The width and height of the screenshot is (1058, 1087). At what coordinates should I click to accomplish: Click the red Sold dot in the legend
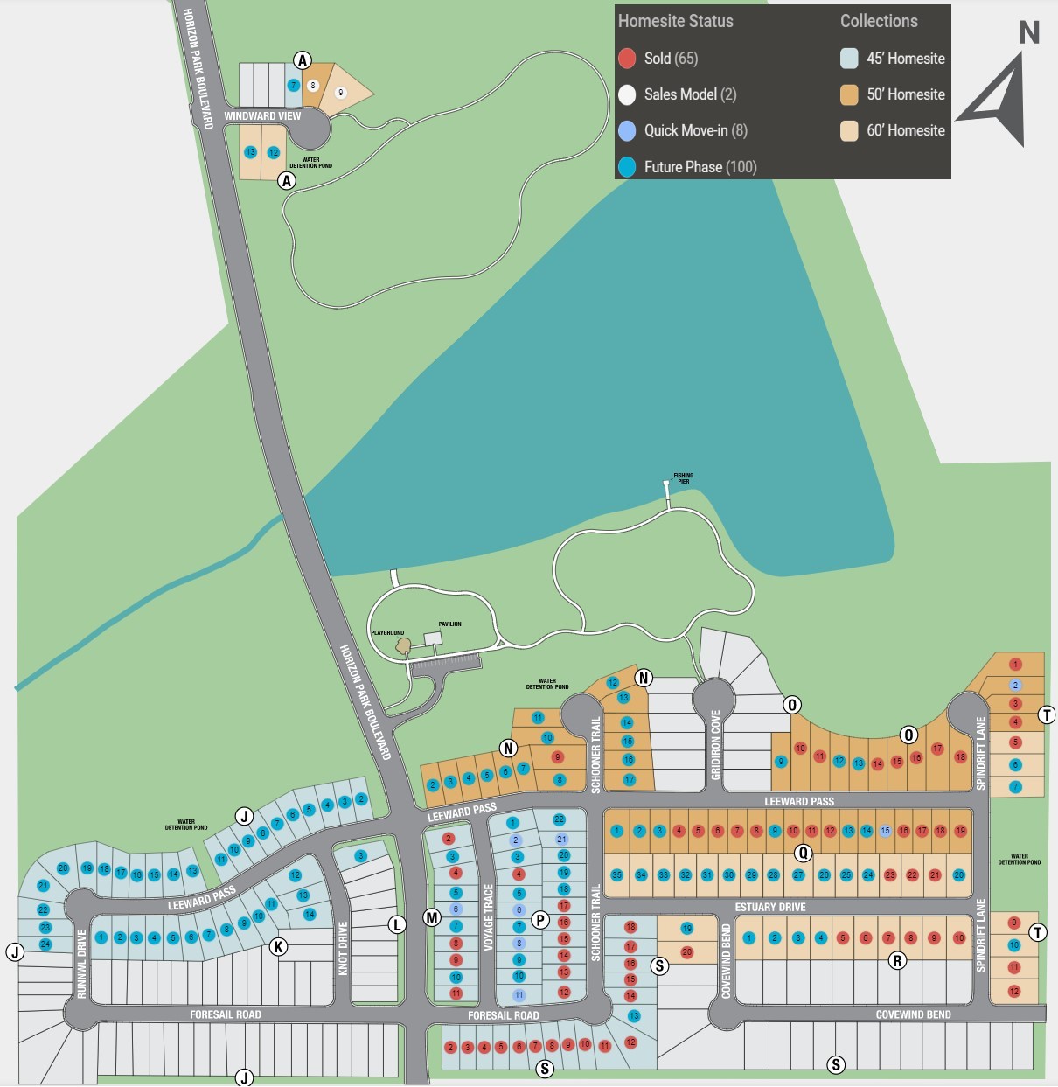[627, 59]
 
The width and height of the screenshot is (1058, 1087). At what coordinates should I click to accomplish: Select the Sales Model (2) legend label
[690, 94]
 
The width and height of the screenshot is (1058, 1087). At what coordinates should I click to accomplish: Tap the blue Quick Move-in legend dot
[627, 130]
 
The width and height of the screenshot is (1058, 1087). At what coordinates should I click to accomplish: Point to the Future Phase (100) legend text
[700, 167]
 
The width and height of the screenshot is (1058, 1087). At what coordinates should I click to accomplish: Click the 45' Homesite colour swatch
[849, 59]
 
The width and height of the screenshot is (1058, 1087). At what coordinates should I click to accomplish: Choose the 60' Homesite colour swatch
[849, 130]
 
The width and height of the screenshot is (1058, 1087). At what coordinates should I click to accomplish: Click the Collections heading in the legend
[879, 21]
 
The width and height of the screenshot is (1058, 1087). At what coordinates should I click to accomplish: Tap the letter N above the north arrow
[1029, 33]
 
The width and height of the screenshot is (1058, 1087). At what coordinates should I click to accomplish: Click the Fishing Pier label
[683, 478]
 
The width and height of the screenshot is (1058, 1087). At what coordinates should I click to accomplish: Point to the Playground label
[387, 632]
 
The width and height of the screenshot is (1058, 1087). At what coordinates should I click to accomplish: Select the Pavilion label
[449, 624]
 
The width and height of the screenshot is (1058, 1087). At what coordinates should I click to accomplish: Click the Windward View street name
[262, 116]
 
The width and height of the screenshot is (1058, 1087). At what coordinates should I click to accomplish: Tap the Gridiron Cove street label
[716, 745]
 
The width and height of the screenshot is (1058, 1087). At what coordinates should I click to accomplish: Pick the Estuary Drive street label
[770, 907]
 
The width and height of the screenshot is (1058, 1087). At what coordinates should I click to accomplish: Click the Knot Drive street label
[343, 948]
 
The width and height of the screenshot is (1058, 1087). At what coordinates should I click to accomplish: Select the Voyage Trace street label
[489, 917]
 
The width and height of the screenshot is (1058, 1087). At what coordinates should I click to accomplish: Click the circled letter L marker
[397, 924]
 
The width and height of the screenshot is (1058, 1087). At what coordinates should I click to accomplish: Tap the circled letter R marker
[897, 961]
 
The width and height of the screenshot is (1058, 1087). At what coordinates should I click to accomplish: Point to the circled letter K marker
[278, 946]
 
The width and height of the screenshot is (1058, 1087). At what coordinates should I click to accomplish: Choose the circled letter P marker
[540, 919]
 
